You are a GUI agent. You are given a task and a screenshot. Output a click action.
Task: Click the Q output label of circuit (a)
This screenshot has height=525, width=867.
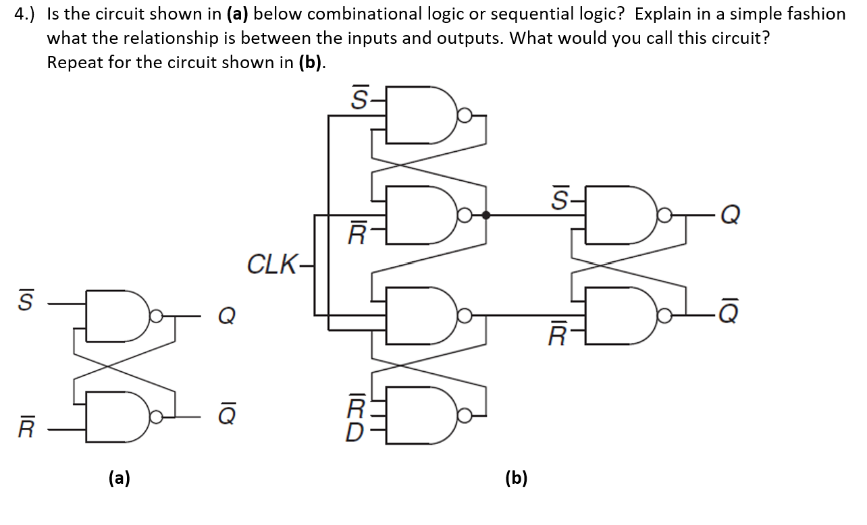227,315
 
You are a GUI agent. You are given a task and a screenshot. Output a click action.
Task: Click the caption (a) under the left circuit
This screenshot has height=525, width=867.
120,478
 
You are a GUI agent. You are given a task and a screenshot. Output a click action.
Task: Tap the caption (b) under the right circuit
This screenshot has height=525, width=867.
517,478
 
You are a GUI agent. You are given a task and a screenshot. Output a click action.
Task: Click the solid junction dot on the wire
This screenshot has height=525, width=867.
485,215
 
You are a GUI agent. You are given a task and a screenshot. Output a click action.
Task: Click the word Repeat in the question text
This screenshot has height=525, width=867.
74,63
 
